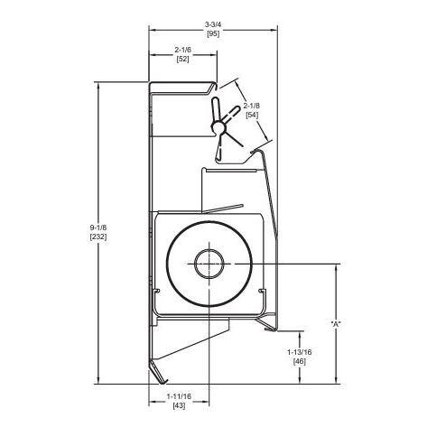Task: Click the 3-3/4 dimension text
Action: [x=213, y=24]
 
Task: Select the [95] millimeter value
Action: [x=213, y=33]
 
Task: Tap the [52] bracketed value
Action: [x=182, y=59]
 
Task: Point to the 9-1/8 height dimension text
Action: [x=98, y=227]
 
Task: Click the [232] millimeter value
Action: [x=98, y=237]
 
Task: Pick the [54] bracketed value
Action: [x=252, y=115]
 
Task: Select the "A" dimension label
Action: [x=336, y=324]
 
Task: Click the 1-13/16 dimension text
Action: [x=300, y=352]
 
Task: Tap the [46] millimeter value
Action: [x=300, y=362]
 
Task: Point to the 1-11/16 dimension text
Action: [x=179, y=396]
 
